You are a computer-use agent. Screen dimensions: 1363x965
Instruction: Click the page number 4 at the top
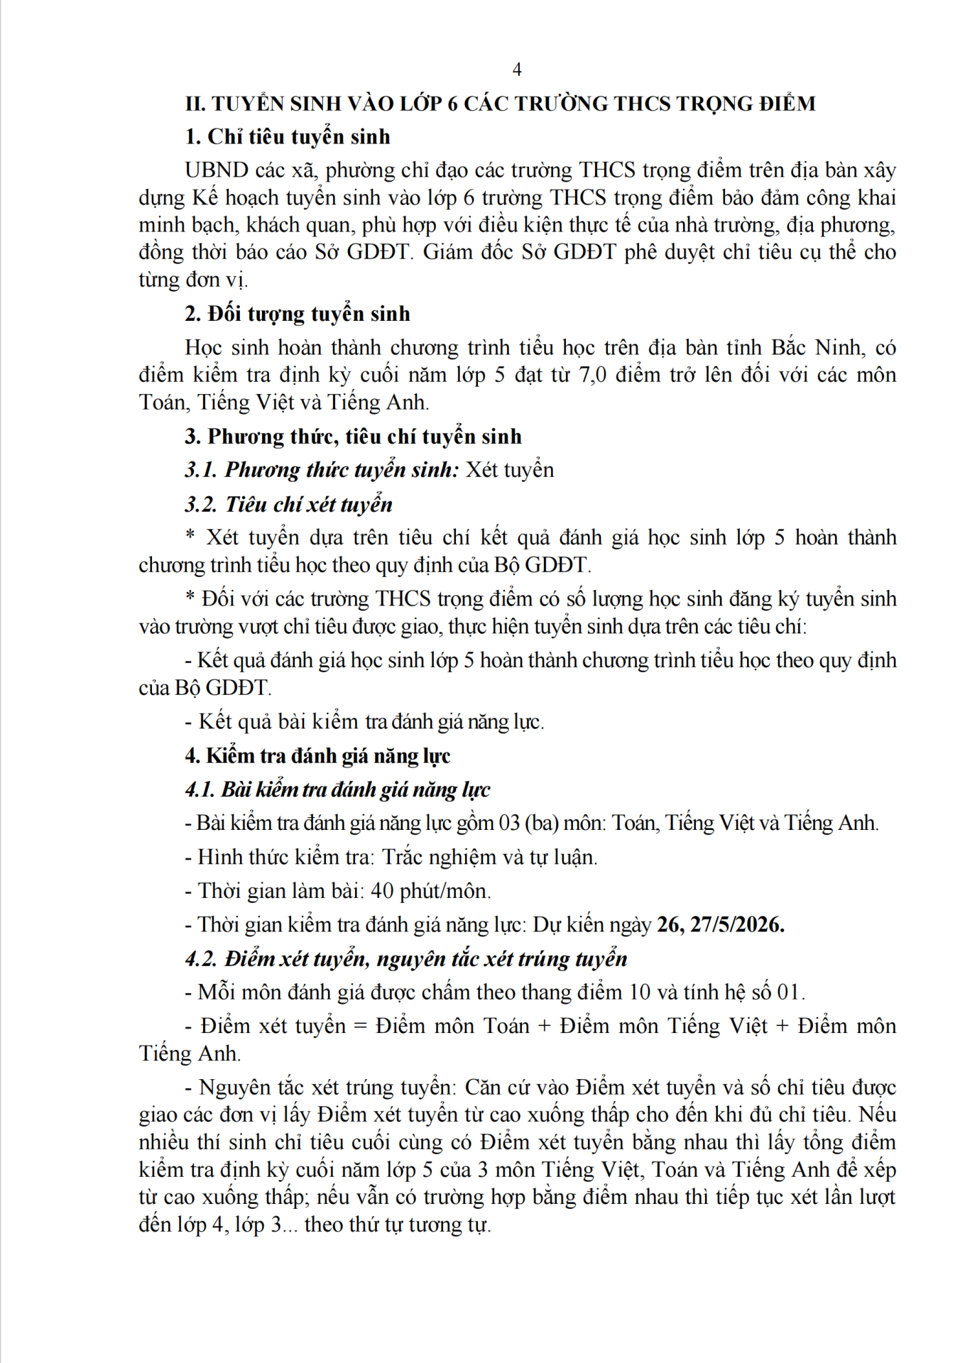coord(517,70)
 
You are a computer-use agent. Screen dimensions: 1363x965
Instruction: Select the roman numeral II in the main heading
coord(195,104)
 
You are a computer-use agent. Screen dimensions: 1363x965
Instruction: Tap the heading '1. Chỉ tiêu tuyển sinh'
coord(288,136)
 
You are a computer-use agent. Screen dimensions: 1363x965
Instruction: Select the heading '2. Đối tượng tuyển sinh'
coord(298,314)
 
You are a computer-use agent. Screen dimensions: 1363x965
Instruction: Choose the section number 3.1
coord(200,470)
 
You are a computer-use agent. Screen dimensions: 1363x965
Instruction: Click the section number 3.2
coord(200,505)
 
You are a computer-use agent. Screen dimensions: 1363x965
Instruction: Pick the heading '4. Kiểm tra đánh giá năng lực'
coord(317,756)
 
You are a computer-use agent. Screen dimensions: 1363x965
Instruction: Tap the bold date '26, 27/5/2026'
coord(720,925)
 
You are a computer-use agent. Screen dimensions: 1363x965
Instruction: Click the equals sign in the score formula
coord(361,1027)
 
